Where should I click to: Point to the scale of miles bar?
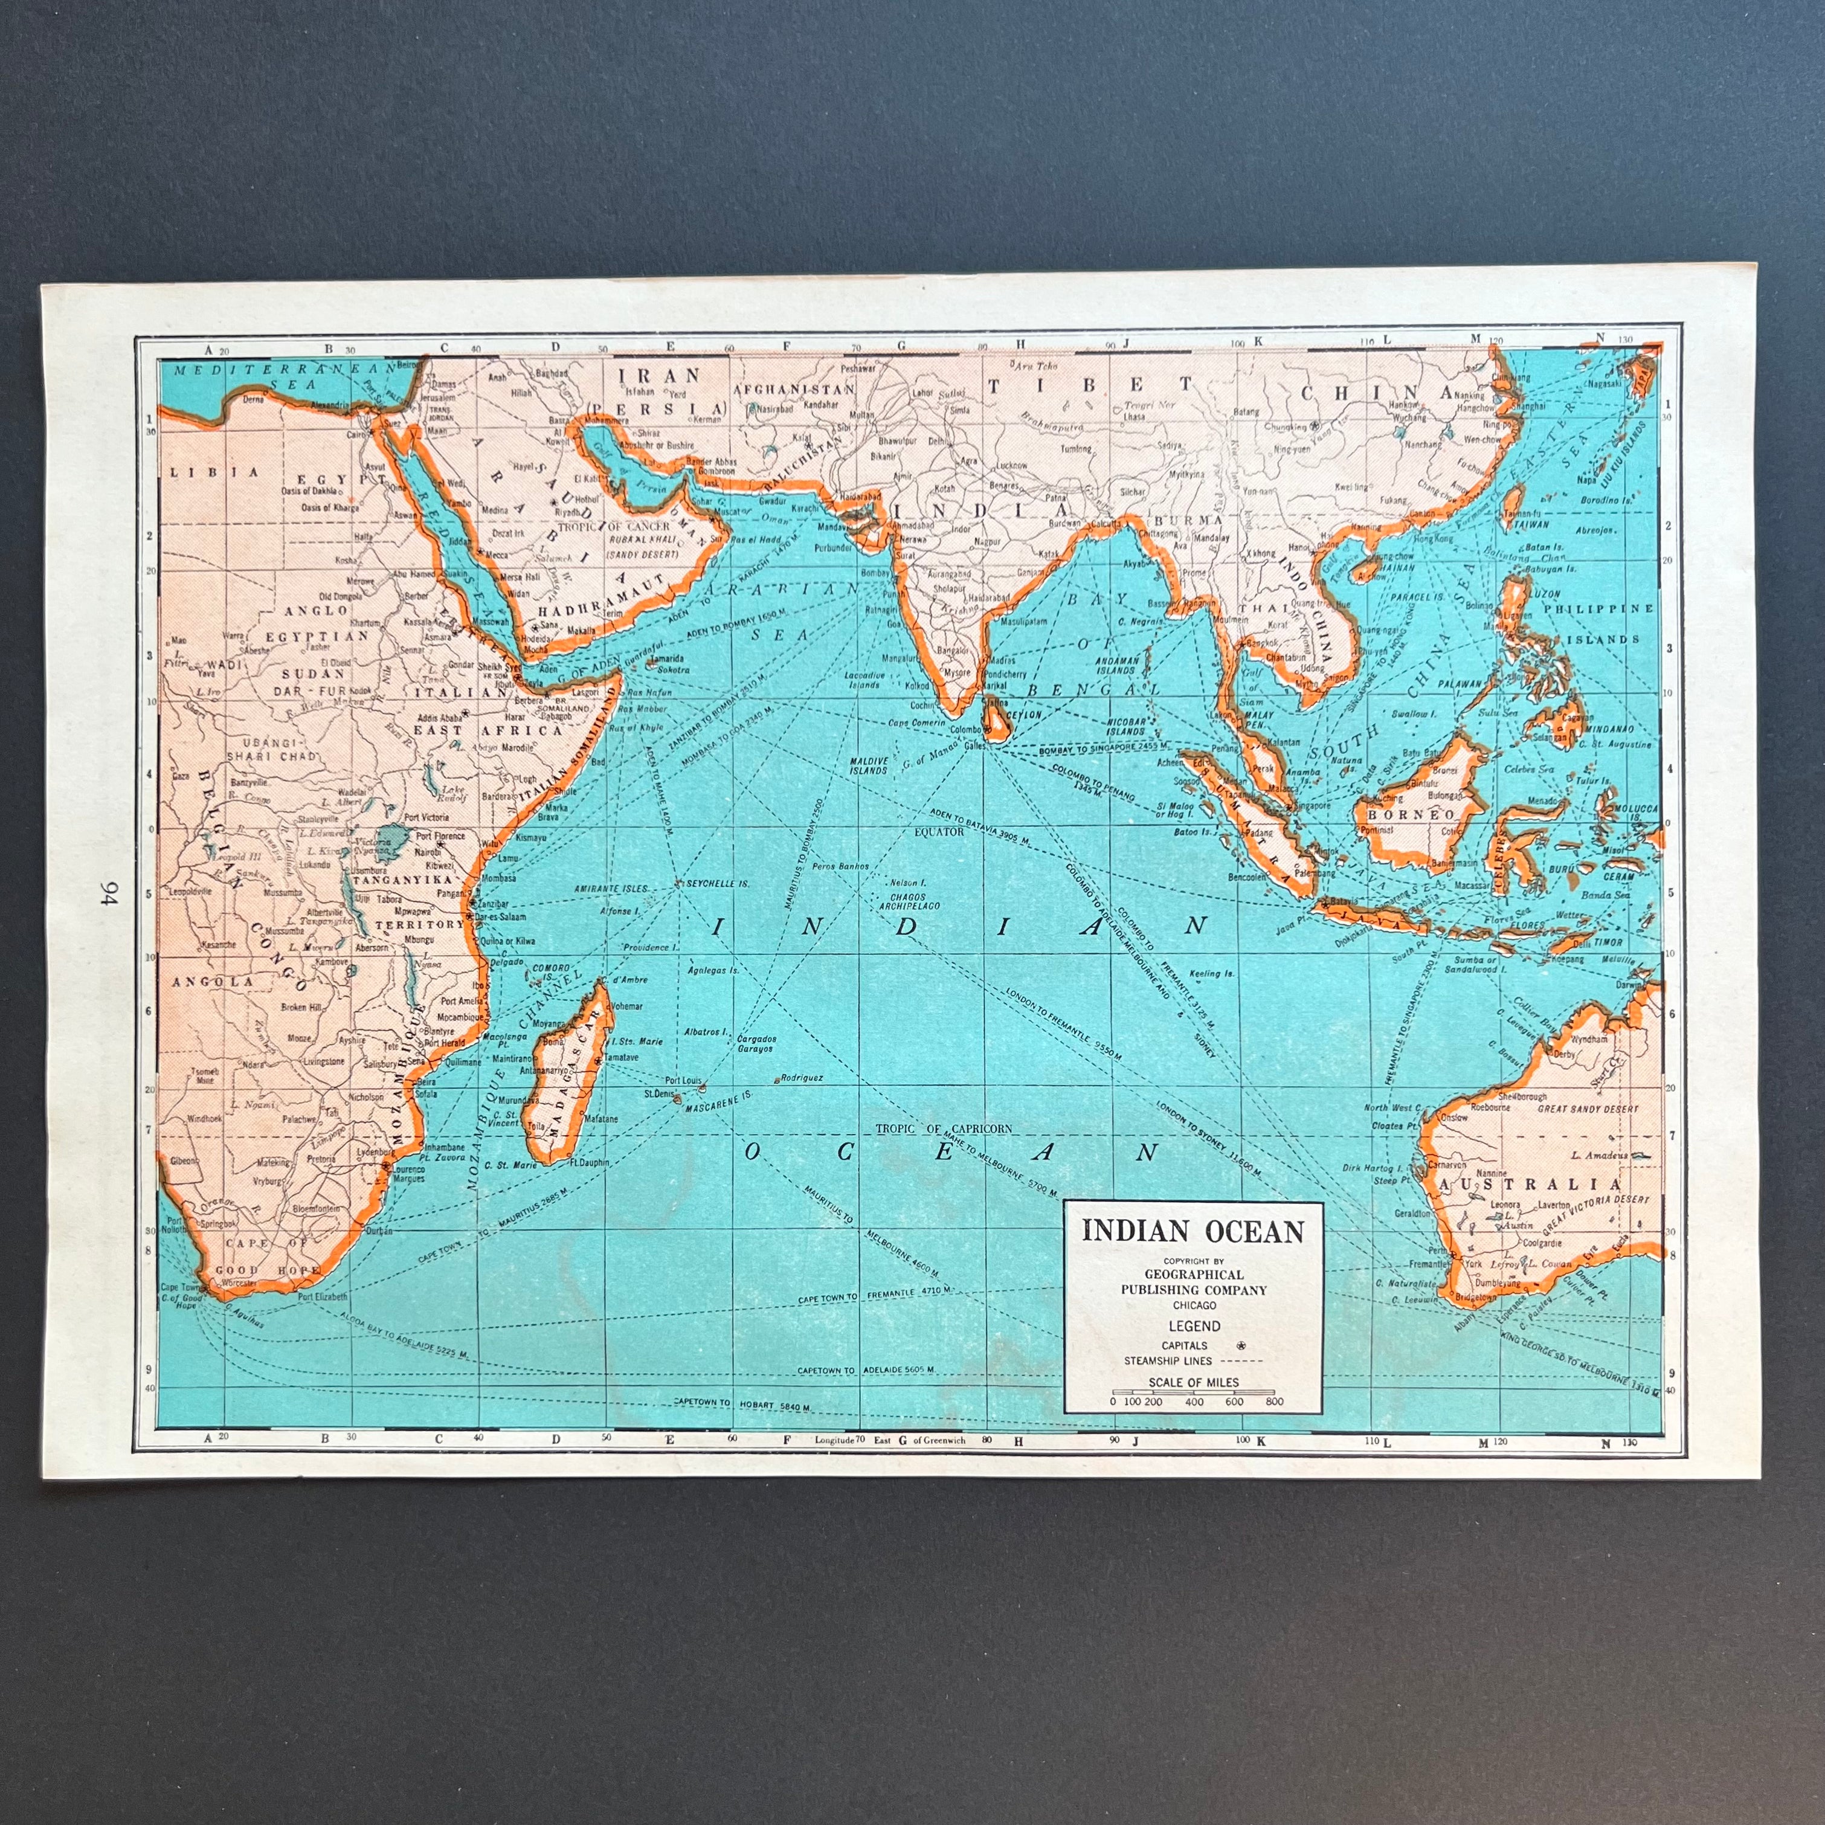pyautogui.click(x=1193, y=1392)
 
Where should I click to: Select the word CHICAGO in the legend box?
pyautogui.click(x=1193, y=1304)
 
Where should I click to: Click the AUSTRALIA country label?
pyautogui.click(x=1540, y=1185)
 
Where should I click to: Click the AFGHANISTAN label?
pyautogui.click(x=793, y=389)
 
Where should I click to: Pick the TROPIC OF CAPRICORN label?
pyautogui.click(x=944, y=1128)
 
